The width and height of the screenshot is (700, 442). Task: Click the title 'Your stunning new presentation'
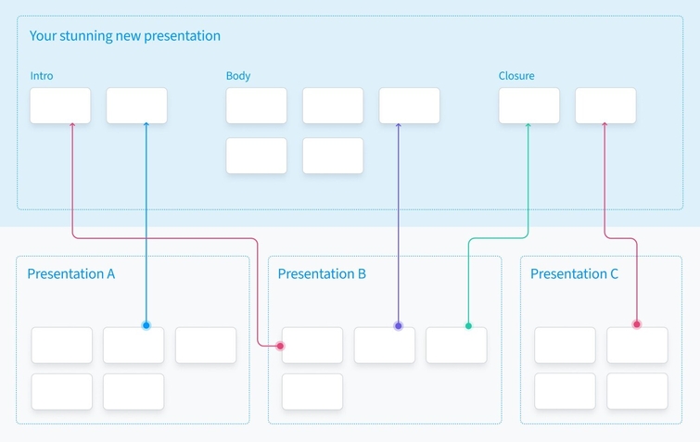[125, 36]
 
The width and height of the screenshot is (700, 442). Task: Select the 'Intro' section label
[42, 76]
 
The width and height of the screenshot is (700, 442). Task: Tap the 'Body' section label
[238, 76]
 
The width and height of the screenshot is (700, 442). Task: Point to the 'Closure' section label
[516, 76]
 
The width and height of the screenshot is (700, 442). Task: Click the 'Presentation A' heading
[71, 274]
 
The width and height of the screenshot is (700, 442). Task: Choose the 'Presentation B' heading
[322, 274]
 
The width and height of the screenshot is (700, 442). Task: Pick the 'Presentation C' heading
[574, 274]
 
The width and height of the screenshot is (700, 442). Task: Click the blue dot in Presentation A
[146, 325]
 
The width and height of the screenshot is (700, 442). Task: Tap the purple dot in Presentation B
[399, 326]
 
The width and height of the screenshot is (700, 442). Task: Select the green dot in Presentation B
[468, 326]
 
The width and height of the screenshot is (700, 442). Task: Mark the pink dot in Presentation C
[637, 324]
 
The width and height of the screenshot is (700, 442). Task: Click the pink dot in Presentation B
[280, 347]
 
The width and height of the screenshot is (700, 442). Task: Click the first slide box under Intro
[60, 106]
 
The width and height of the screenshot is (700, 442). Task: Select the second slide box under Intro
[136, 106]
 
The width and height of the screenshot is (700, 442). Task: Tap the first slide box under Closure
[529, 106]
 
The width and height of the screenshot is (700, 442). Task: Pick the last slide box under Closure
[605, 106]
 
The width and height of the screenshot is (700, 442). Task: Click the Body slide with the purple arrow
[410, 106]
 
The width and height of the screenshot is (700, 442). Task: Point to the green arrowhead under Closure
[528, 126]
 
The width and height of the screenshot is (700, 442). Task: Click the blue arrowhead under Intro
[146, 125]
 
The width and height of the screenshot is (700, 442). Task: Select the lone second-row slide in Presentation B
[312, 392]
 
